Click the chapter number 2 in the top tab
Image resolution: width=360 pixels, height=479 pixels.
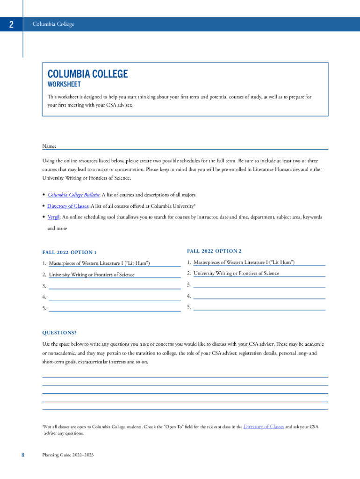tap(11, 25)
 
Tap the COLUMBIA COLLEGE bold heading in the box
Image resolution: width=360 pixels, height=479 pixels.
tap(87, 74)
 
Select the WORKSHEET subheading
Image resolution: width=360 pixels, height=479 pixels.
tap(64, 85)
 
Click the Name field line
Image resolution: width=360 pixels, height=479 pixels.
tap(192, 148)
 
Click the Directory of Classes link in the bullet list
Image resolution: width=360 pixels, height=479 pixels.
tap(67, 206)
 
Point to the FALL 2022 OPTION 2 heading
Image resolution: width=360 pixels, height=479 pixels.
tap(214, 251)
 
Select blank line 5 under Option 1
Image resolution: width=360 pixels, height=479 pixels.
tap(115, 310)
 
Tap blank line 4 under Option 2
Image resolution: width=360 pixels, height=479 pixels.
tap(259, 298)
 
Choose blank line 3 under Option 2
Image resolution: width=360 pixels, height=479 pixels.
tap(259, 286)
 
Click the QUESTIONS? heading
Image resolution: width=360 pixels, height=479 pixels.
tap(59, 333)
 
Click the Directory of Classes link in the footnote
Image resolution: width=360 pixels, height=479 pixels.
tap(264, 427)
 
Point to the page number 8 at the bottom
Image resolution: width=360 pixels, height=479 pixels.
tap(22, 455)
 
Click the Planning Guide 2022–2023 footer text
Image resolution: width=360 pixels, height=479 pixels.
tap(67, 455)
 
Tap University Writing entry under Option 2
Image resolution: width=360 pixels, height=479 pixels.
tap(236, 273)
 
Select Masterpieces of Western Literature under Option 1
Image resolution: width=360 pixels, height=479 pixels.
tap(99, 263)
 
